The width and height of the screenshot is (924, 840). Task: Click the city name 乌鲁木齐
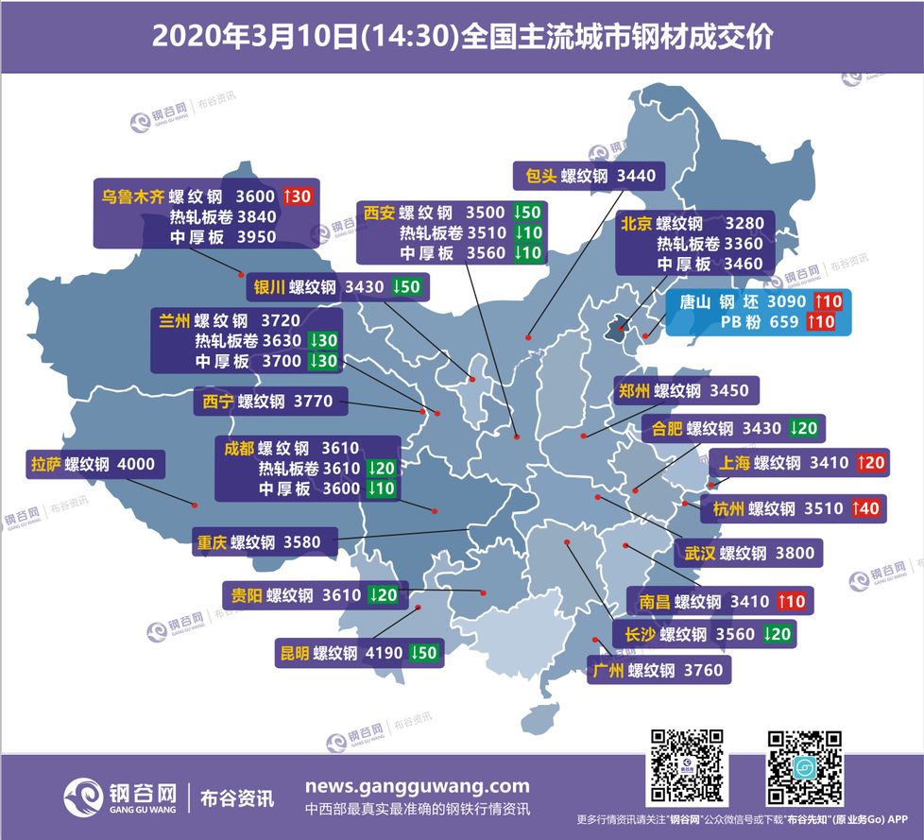tap(132, 197)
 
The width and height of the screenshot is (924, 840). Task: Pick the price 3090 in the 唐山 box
tap(786, 302)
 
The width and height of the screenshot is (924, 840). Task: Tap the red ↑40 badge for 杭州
tap(867, 508)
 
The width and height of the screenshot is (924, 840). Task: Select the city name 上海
tap(734, 463)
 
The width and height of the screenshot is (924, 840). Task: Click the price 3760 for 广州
tap(703, 671)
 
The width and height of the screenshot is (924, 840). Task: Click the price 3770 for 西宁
tap(313, 402)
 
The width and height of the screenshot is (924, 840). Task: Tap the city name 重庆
tap(211, 543)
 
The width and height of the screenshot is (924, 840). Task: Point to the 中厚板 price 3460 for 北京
tap(743, 265)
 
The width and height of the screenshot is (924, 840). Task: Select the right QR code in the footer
tap(804, 766)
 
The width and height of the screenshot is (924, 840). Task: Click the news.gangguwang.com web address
tap(417, 786)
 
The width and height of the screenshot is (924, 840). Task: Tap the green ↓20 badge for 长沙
tap(779, 634)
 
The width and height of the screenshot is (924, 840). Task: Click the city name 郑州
tap(633, 390)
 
